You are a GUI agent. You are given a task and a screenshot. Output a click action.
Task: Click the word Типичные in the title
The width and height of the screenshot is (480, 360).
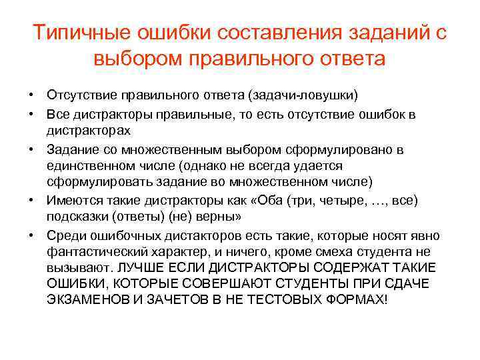click(x=83, y=33)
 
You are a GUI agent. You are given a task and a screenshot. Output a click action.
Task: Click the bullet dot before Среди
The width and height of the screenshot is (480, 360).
click(x=31, y=235)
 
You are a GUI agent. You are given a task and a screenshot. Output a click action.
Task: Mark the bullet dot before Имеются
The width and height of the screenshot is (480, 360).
click(x=31, y=199)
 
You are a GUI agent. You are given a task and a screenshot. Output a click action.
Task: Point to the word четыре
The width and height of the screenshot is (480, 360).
click(x=358, y=199)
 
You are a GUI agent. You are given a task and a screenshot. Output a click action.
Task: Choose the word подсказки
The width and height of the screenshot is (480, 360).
click(x=75, y=217)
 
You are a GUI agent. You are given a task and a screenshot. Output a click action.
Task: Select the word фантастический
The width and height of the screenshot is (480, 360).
click(x=97, y=252)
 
